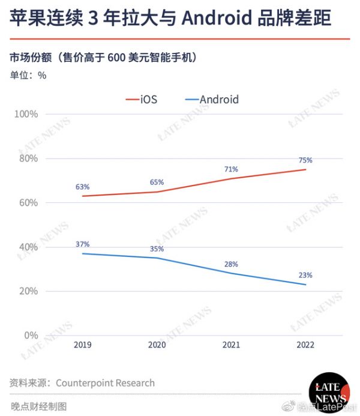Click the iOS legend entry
[142, 100]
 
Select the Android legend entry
[211, 100]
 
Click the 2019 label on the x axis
[83, 345]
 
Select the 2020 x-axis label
[157, 345]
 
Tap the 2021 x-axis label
[231, 345]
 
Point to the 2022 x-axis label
[305, 345]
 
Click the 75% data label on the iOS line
[305, 160]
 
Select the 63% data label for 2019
[83, 187]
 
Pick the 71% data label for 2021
[231, 169]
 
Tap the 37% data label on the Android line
[83, 244]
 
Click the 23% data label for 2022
[305, 276]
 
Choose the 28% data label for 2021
[231, 264]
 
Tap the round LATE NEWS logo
[328, 393]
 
